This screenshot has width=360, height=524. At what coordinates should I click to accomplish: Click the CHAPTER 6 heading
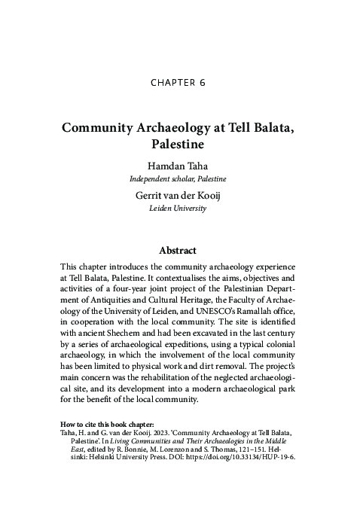point(179,84)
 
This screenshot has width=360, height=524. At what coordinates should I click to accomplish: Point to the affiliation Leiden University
point(179,207)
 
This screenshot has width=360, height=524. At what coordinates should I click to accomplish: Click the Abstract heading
point(179,251)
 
